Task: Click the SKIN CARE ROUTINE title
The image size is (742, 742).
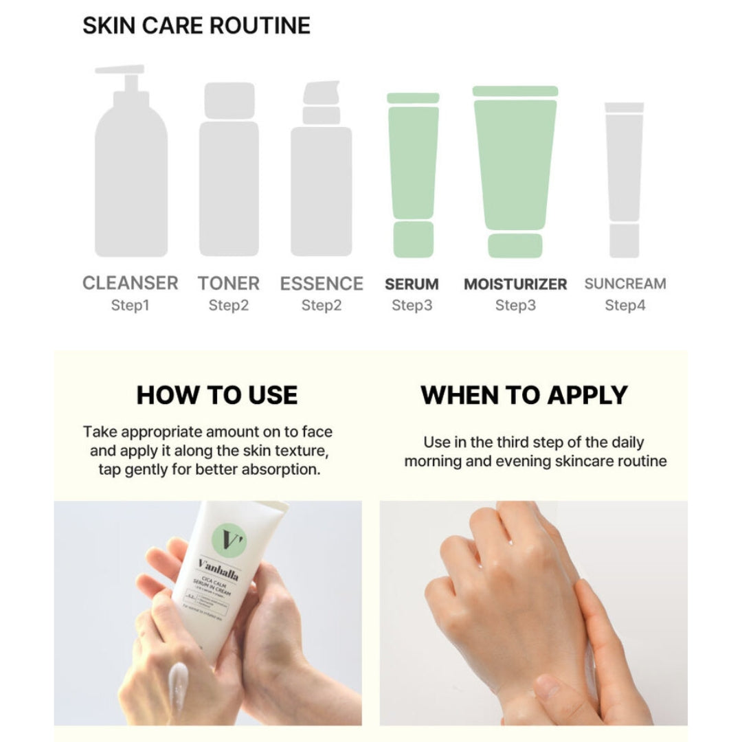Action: coord(196,25)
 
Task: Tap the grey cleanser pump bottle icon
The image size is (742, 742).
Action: coord(131,172)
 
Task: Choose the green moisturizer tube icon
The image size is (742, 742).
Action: coord(515,172)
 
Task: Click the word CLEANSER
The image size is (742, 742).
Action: coord(130,283)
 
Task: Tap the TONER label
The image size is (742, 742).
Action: coord(229,283)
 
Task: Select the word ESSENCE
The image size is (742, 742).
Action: coord(322,283)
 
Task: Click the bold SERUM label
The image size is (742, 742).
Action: coord(412,284)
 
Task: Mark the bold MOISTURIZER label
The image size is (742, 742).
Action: coord(515,284)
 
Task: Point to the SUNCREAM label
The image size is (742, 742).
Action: coord(625,284)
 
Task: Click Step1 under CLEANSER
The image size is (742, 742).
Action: coord(130,305)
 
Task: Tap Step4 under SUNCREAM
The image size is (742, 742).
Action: coord(625,305)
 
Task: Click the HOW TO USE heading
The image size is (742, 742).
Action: coord(217,395)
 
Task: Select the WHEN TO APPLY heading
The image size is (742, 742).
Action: coord(524,395)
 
